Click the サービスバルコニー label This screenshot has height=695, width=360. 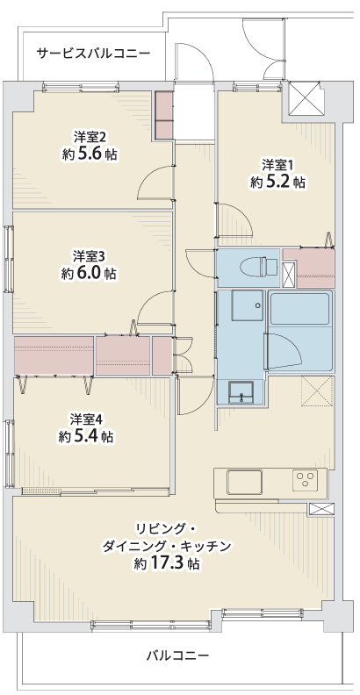pyautogui.click(x=93, y=54)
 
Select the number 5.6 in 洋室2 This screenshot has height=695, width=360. pyautogui.click(x=90, y=154)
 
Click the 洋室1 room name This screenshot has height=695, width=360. pyautogui.click(x=277, y=165)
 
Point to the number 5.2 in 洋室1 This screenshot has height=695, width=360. pyautogui.click(x=277, y=183)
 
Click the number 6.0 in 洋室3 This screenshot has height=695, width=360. pyautogui.click(x=89, y=274)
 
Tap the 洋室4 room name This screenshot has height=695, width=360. pyautogui.click(x=85, y=419)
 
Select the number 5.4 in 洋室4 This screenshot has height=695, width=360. pyautogui.click(x=86, y=437)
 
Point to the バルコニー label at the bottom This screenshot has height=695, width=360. pyautogui.click(x=177, y=656)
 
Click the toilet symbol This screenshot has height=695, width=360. pyautogui.click(x=259, y=268)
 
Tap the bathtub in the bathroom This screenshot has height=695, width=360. pyautogui.click(x=299, y=308)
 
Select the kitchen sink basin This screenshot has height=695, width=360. pyautogui.click(x=244, y=483)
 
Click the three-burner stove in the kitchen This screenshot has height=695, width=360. pyautogui.click(x=305, y=480)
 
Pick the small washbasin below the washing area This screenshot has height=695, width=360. pyautogui.click(x=241, y=392)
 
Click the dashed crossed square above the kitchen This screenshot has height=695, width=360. pyautogui.click(x=317, y=390)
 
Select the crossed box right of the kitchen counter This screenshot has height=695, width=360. pyautogui.click(x=320, y=509)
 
